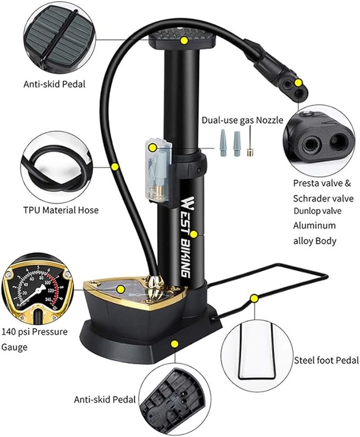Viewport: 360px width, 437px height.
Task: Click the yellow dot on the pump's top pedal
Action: click(184, 40)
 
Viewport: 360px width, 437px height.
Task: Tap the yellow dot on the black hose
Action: click(115, 167)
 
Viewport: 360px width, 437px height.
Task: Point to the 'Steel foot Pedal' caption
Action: click(327, 361)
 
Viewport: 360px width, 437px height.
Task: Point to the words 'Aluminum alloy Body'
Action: click(314, 233)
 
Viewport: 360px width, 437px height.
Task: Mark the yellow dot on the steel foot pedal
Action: click(254, 299)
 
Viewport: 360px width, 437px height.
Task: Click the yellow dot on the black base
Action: click(173, 344)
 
